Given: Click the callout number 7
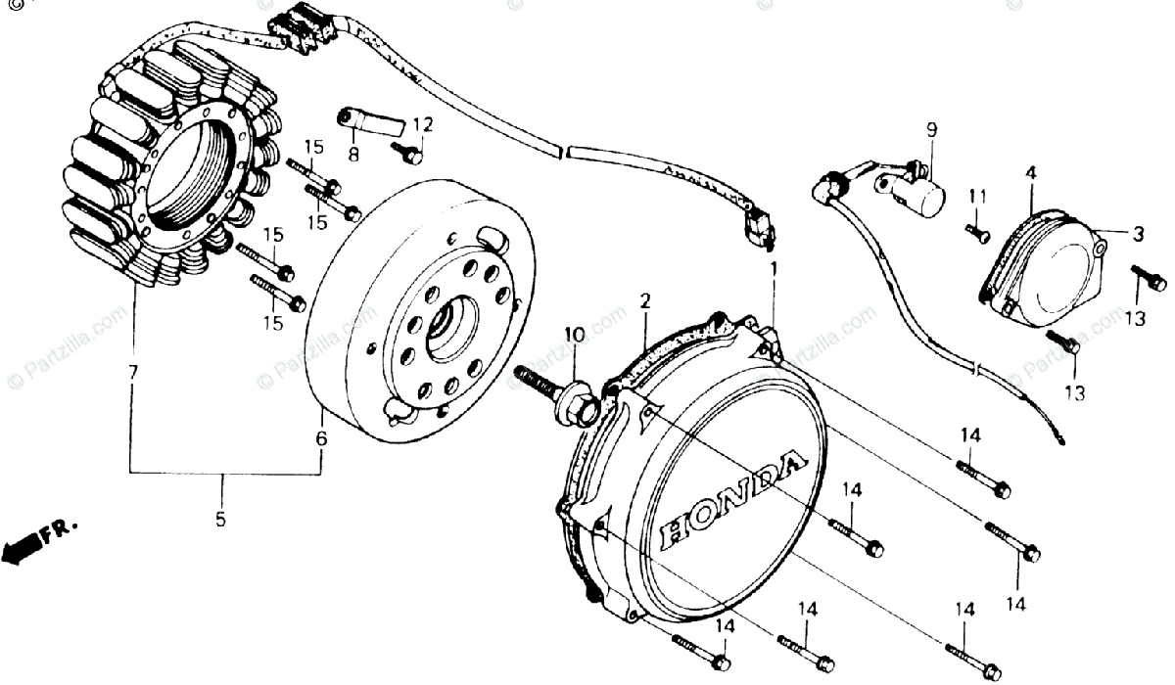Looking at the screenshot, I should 132,372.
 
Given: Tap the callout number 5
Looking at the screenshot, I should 220,519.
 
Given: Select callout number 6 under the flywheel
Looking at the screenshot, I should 320,439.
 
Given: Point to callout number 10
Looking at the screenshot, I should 574,335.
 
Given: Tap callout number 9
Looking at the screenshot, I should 931,129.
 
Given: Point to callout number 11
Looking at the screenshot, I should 973,198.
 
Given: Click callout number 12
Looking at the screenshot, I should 421,124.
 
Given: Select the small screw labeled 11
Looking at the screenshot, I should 978,233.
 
